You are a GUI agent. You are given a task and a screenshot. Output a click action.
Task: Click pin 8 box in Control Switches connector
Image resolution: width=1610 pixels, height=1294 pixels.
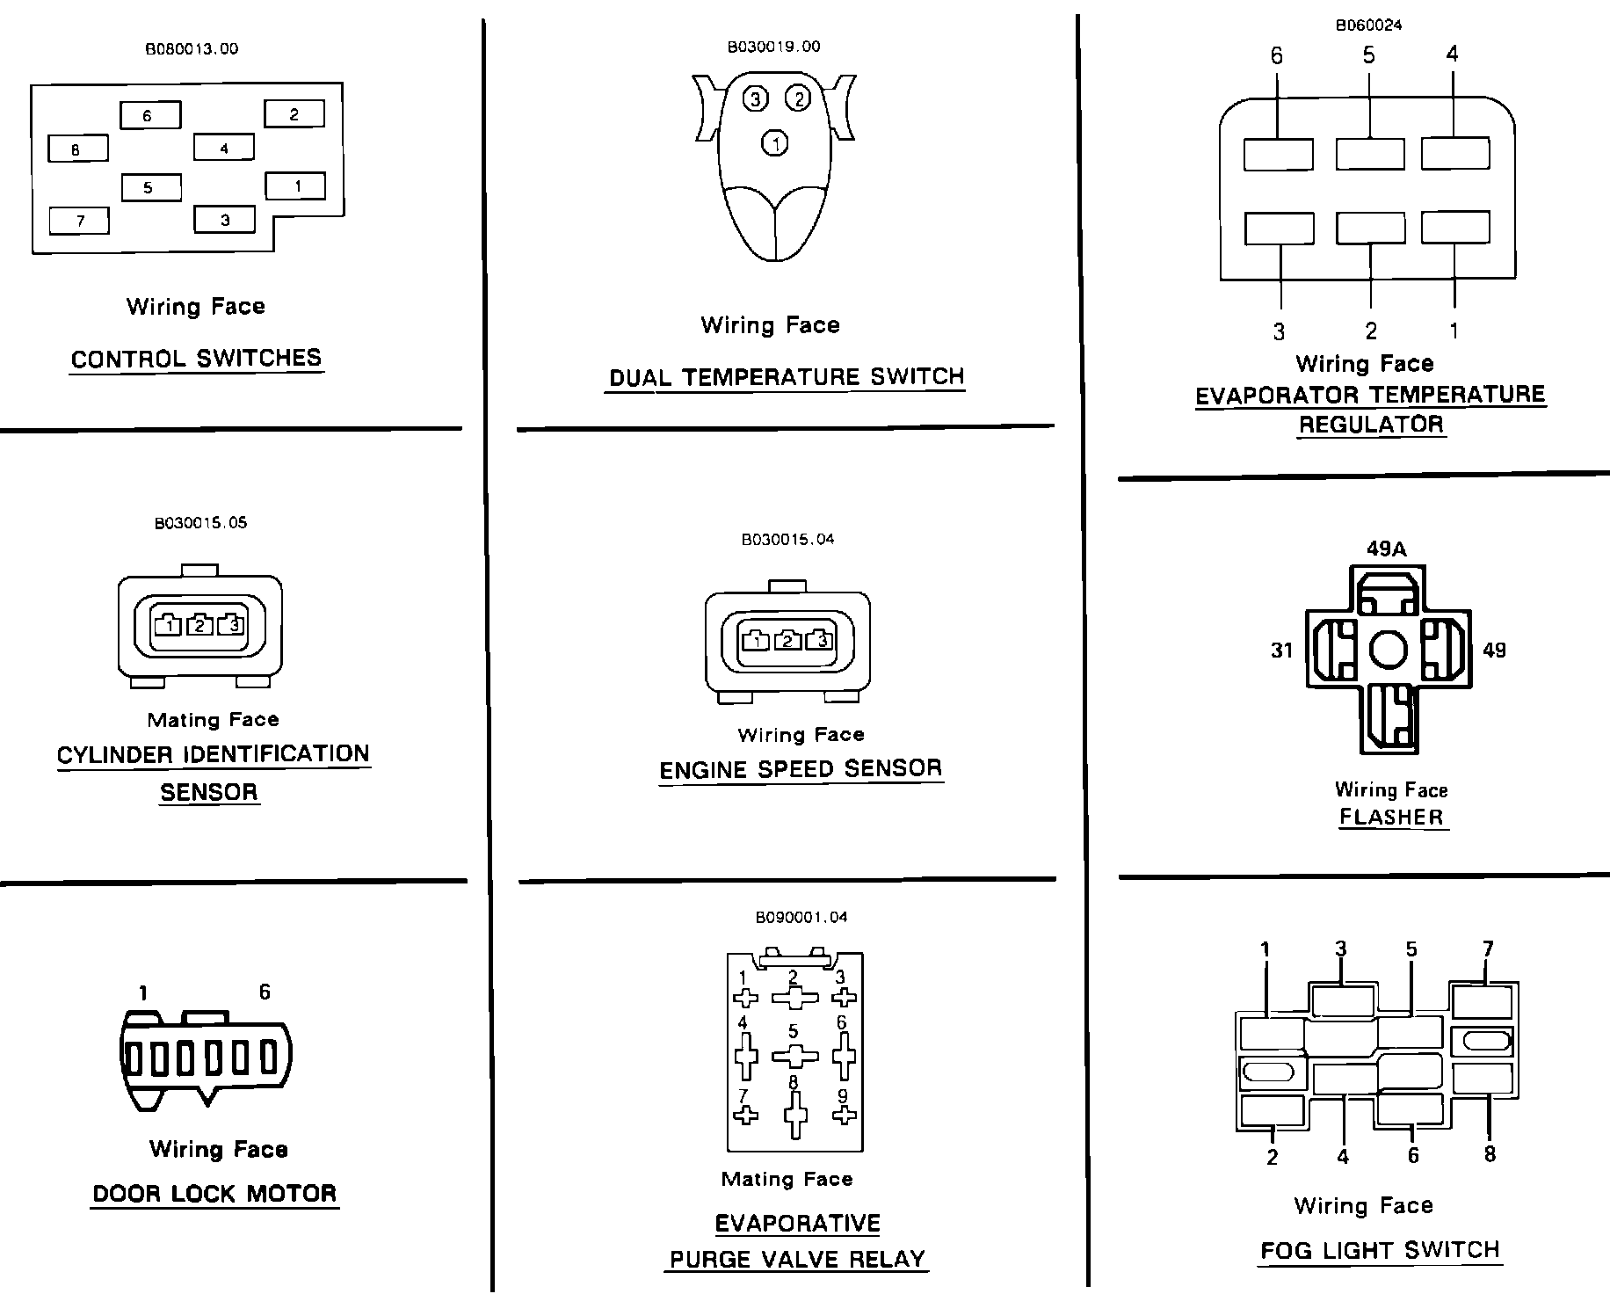pyautogui.click(x=77, y=149)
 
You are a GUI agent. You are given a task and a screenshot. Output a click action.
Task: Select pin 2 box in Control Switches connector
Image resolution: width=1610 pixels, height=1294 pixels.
pyautogui.click(x=294, y=113)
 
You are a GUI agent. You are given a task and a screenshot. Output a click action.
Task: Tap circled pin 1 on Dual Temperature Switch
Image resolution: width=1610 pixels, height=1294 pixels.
pyautogui.click(x=774, y=142)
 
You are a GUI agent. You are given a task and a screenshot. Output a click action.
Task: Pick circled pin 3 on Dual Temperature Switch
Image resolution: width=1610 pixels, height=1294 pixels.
pyautogui.click(x=755, y=98)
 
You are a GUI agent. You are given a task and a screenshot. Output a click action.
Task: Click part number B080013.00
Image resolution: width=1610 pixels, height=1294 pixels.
pyautogui.click(x=192, y=49)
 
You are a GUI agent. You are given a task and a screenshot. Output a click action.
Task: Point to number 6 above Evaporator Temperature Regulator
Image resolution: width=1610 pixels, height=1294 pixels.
pyautogui.click(x=1276, y=56)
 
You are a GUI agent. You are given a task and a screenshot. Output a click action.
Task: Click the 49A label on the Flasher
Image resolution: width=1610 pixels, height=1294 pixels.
pyautogui.click(x=1386, y=549)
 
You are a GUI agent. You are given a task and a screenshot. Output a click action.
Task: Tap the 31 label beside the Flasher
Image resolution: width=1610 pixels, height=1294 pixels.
pyautogui.click(x=1282, y=651)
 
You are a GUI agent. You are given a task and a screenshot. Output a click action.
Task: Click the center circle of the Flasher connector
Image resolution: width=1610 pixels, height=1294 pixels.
pyautogui.click(x=1389, y=651)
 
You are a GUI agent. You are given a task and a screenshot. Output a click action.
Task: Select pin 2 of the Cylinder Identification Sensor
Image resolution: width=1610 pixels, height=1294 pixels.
pyautogui.click(x=199, y=625)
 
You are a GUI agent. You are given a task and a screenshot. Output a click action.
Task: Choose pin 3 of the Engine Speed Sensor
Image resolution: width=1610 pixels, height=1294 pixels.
pyautogui.click(x=822, y=640)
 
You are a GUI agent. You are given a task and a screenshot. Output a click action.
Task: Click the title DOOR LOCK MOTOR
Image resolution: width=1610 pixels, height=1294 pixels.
pyautogui.click(x=215, y=1194)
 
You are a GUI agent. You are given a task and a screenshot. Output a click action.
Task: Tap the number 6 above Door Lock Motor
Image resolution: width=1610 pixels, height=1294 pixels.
pyautogui.click(x=265, y=992)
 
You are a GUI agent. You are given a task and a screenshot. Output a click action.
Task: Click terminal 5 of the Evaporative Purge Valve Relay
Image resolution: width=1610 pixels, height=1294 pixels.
pyautogui.click(x=794, y=1055)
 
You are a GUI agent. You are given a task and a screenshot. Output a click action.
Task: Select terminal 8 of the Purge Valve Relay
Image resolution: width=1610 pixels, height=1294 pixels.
pyautogui.click(x=795, y=1116)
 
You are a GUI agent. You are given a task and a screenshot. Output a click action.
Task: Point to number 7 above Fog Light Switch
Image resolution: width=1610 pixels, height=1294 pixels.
pyautogui.click(x=1488, y=949)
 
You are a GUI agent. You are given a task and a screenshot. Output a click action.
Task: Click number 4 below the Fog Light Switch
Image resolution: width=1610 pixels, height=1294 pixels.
pyautogui.click(x=1343, y=1157)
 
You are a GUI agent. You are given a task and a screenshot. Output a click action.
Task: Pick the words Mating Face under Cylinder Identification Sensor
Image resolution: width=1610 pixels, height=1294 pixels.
pyautogui.click(x=214, y=720)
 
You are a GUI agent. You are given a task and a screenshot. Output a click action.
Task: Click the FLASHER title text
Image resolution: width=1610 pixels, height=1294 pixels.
pyautogui.click(x=1391, y=817)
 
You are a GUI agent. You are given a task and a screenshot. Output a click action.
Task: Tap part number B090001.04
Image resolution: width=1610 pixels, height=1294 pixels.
pyautogui.click(x=801, y=918)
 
